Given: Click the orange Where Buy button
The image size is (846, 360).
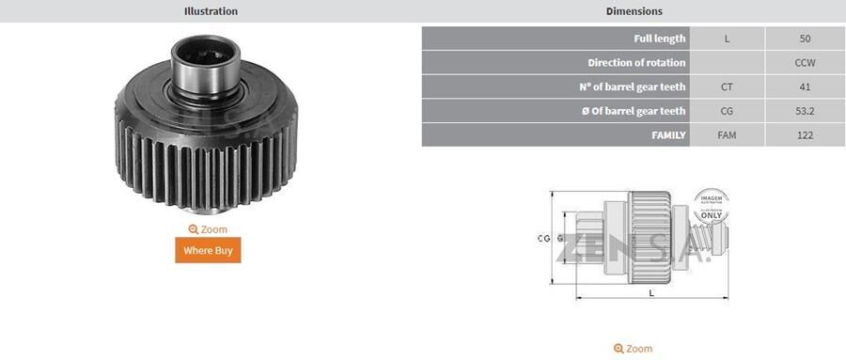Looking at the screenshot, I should (x=208, y=250).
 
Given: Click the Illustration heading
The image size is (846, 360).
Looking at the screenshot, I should (x=211, y=11).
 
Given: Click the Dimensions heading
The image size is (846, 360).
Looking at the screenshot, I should (x=634, y=11).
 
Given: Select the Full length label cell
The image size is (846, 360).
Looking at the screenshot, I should (x=555, y=39).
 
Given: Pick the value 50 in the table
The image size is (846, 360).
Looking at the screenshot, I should (x=804, y=39).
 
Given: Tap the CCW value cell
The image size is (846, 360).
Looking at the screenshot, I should (x=804, y=63).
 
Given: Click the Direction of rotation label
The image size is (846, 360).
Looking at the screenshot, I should (x=555, y=63).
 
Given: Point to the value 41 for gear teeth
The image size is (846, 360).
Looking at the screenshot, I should (x=804, y=87).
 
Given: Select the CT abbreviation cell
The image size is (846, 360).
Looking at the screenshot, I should (x=727, y=87).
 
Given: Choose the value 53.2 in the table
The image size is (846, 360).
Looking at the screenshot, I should (x=804, y=111).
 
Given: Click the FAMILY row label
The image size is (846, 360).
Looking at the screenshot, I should (x=555, y=135).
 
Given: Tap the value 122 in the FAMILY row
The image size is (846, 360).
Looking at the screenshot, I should (x=804, y=135).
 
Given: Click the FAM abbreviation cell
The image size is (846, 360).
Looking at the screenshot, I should (x=727, y=135).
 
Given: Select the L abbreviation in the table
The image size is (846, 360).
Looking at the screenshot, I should (x=727, y=39).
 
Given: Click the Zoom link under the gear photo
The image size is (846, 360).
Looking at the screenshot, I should (x=208, y=229).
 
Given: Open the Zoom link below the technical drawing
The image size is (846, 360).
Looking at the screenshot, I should (x=633, y=349).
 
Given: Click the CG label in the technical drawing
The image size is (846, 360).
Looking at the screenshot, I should (x=543, y=239).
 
